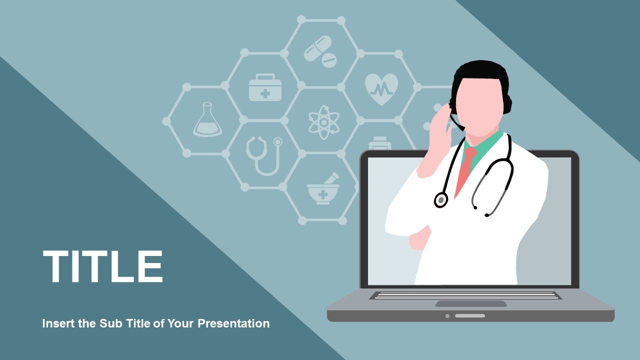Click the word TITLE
(103, 266)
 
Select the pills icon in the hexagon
(320, 51)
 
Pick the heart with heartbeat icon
(381, 88)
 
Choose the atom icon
(323, 121)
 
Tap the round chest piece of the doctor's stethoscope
(440, 200)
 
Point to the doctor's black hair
(480, 72)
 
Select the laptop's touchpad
(470, 303)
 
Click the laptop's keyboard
(465, 295)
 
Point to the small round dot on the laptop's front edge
(447, 315)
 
